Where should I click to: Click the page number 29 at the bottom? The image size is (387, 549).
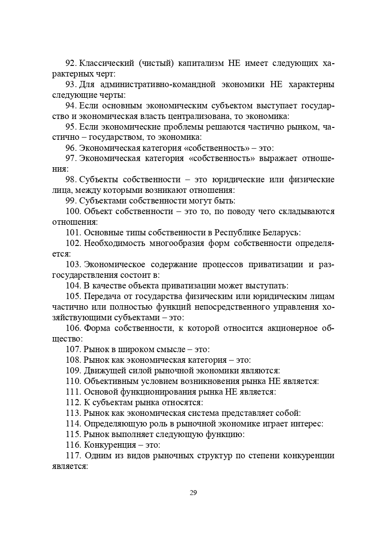193,493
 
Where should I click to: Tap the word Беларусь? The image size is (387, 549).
283,233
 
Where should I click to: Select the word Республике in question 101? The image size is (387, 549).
238,233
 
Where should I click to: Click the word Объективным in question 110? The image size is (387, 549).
108,381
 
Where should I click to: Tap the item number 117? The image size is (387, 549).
73,456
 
